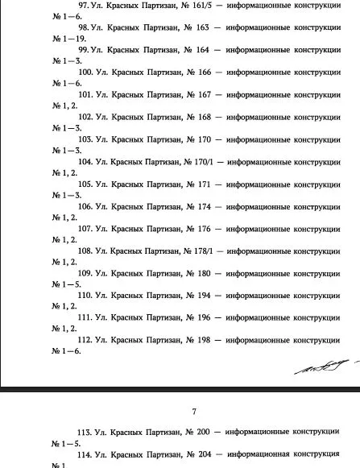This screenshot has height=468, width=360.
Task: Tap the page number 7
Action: (x=193, y=412)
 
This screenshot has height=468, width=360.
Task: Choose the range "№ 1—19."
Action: (x=70, y=39)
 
